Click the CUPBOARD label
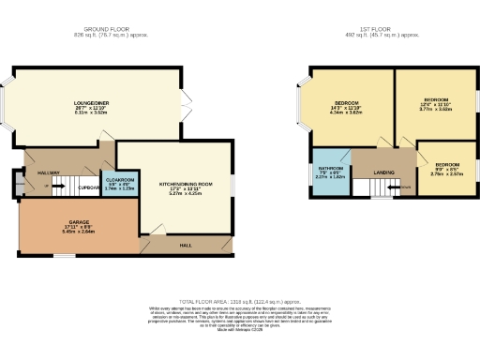pos(90,187)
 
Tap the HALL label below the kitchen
pos(186,246)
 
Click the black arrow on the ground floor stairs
pos(58,187)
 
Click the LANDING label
pos(382,172)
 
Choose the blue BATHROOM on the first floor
pos(330,174)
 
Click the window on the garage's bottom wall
pos(58,254)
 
